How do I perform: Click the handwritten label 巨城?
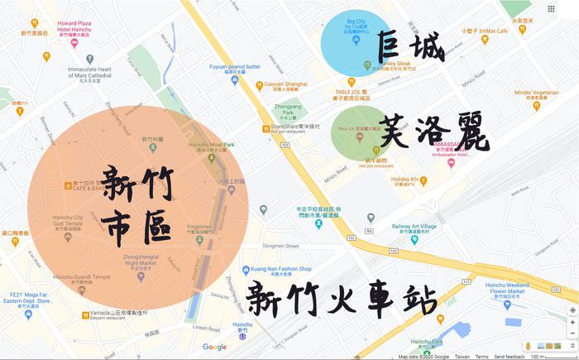pyautogui.click(x=410, y=47)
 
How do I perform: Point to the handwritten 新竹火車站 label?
pyautogui.click(x=340, y=298)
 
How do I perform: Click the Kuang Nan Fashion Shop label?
pyautogui.click(x=284, y=269)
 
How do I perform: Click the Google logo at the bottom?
pyautogui.click(x=214, y=347)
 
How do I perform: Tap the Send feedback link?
pyautogui.click(x=510, y=357)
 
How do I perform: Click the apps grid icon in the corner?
pyautogui.click(x=552, y=9)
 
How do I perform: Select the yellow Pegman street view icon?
pyautogui.click(x=526, y=345)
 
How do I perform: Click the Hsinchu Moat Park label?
pyautogui.click(x=207, y=144)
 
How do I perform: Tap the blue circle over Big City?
pyautogui.click(x=356, y=41)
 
